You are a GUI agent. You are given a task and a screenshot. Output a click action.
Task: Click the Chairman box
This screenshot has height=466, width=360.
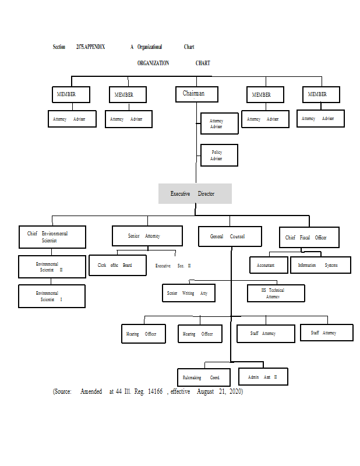tap(197, 94)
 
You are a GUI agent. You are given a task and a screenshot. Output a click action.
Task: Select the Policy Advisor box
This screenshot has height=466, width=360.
tap(219, 155)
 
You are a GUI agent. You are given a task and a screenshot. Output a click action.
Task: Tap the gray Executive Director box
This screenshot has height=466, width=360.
tap(195, 193)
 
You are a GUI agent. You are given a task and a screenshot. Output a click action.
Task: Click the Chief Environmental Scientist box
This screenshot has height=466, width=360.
tap(52, 237)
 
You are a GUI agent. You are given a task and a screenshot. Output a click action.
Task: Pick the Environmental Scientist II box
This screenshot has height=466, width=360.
tap(52, 267)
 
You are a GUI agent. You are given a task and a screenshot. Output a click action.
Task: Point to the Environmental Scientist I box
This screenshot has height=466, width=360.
tap(52, 296)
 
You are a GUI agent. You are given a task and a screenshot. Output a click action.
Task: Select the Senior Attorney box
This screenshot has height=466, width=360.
tap(147, 236)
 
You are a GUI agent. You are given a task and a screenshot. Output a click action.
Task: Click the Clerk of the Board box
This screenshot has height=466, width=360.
tap(117, 265)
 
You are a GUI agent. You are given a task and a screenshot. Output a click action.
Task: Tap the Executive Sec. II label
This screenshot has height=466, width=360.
tap(173, 266)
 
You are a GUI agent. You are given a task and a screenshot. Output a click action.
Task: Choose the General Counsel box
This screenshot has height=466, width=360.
tap(230, 236)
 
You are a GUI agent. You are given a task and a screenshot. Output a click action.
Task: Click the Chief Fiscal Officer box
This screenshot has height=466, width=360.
tap(309, 237)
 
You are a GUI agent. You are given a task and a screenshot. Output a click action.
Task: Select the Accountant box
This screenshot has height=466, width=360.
tap(269, 265)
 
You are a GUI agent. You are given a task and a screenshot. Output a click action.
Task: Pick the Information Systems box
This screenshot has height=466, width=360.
tap(321, 265)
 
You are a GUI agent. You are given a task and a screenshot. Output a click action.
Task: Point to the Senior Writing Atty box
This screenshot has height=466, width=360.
tap(188, 293)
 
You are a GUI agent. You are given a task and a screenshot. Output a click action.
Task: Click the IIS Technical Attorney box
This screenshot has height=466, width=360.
tap(276, 293)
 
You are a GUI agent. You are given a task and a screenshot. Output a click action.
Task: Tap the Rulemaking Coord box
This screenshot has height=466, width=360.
tap(200, 377)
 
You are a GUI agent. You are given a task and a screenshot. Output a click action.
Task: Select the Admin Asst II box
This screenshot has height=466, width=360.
tap(262, 377)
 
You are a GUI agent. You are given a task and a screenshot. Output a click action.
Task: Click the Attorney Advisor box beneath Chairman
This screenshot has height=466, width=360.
tap(219, 123)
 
